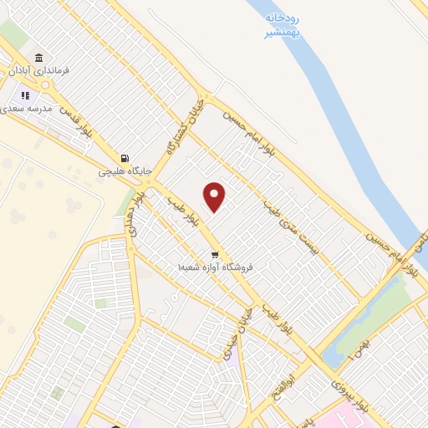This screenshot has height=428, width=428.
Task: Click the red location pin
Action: coord(215,196)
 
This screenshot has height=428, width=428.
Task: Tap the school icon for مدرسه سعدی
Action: coord(25,94)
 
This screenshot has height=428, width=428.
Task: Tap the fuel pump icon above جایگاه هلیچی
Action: coord(125,158)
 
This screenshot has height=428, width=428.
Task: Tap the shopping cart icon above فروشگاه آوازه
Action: coord(215,254)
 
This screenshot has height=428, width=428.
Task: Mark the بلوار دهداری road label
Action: coord(132,217)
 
